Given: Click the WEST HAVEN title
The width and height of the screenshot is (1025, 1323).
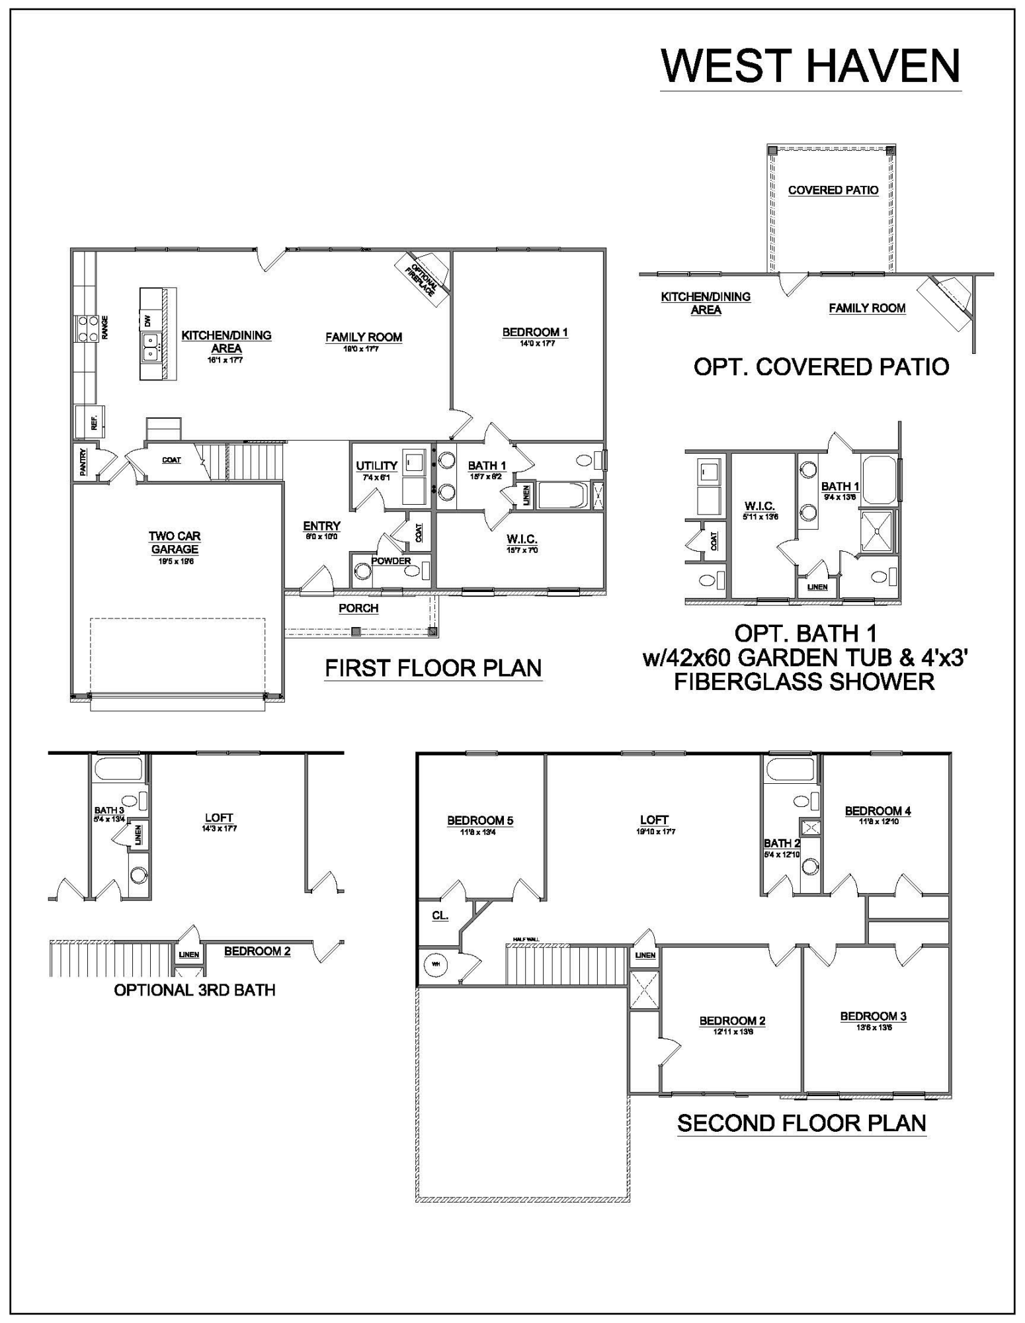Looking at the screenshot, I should (810, 65).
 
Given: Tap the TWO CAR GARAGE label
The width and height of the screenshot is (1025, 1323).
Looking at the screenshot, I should (175, 542).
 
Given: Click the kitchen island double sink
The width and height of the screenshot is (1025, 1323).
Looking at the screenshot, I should (152, 345).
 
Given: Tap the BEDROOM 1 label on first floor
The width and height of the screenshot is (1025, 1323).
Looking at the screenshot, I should (535, 332).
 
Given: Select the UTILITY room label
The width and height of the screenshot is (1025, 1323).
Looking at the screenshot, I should (376, 466).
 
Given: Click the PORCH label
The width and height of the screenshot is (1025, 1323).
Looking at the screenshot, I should (358, 608).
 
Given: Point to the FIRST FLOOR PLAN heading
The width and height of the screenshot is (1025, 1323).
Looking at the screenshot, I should (433, 668).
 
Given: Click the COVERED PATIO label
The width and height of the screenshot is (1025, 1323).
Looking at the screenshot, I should (833, 190).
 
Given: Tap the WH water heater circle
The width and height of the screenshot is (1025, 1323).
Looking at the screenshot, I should (436, 964).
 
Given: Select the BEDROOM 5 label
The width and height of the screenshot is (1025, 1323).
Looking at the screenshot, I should (480, 820).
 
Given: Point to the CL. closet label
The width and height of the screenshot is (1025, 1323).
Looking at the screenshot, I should (440, 916).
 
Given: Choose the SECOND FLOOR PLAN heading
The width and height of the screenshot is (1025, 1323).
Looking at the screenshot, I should (801, 1123).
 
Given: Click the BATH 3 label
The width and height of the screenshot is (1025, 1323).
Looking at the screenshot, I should (108, 810).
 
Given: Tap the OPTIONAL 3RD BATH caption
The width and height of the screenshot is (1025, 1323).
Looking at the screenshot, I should (194, 990).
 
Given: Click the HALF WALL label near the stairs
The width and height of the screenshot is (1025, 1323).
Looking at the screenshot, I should (526, 939).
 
